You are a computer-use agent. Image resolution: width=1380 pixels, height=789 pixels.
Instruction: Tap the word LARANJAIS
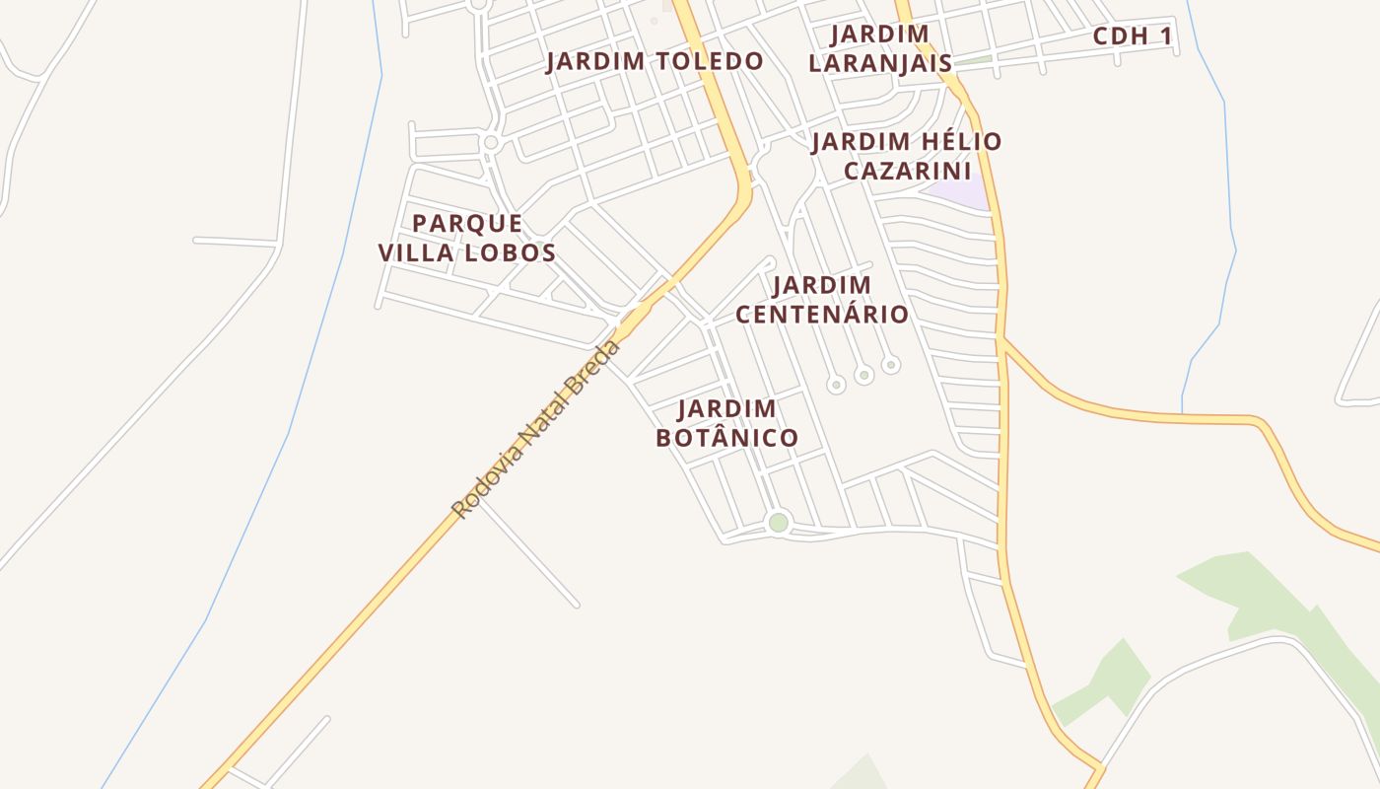coord(880,64)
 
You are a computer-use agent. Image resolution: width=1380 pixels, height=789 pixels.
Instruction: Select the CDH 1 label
coord(1134,37)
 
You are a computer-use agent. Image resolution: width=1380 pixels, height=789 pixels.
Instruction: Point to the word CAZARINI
coord(908,171)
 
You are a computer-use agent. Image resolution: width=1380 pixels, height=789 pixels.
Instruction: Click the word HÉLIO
coord(949,142)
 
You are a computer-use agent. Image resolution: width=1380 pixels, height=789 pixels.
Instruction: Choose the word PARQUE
coord(467,223)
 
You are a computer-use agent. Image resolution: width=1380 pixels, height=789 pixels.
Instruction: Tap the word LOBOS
coord(511,252)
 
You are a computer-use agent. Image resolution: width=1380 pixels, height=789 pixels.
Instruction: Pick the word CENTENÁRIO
coord(822,315)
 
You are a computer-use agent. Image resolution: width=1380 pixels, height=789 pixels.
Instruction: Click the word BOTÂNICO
coord(726,437)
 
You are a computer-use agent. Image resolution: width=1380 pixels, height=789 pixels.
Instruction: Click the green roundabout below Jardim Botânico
coord(779,523)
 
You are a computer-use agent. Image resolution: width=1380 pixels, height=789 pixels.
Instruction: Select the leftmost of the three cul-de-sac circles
coord(836,385)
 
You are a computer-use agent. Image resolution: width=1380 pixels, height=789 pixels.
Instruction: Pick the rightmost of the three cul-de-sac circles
coord(890,365)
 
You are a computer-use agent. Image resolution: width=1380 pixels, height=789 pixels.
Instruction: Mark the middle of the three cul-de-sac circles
coord(863,375)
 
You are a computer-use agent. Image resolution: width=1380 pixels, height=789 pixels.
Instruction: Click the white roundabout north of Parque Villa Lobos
coord(491,143)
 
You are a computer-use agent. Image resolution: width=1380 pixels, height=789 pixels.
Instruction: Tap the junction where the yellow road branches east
coord(1001,341)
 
